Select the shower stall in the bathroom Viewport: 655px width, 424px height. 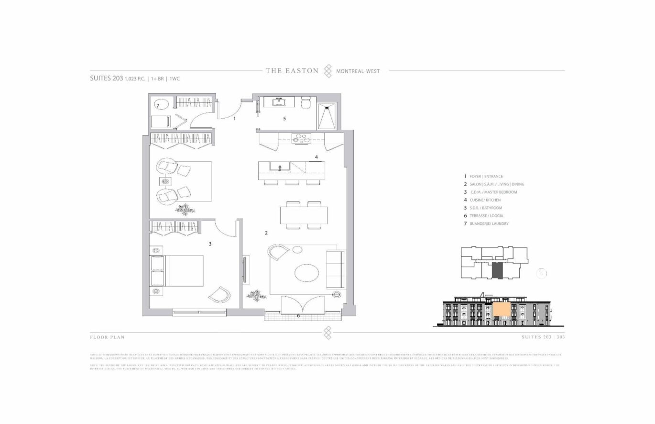[x=327, y=116]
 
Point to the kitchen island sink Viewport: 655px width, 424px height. [x=279, y=167]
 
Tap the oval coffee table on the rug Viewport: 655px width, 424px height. [x=306, y=274]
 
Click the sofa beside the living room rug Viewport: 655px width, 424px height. [x=335, y=269]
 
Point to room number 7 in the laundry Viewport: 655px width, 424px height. [x=157, y=105]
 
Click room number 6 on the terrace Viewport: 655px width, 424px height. [x=298, y=316]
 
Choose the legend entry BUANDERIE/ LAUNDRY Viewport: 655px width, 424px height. [x=489, y=223]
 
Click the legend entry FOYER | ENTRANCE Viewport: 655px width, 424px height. [x=486, y=176]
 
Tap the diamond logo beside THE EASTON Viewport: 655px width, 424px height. [x=327, y=71]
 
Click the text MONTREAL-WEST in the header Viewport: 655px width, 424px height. [x=358, y=71]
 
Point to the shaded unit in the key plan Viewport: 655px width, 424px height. [x=497, y=270]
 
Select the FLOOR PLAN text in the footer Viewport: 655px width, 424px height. [x=107, y=337]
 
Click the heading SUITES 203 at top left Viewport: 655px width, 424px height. [x=107, y=78]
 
